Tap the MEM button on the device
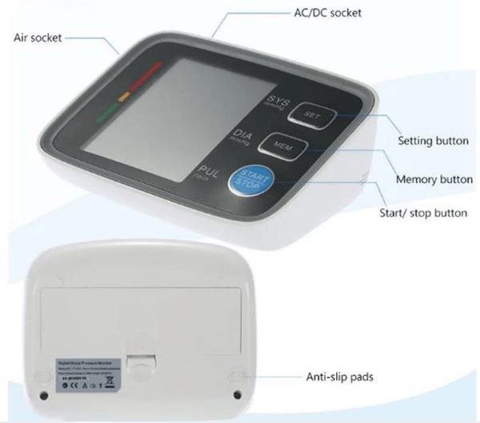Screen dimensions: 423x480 pyautogui.click(x=282, y=146)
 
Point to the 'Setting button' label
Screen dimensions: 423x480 pyautogui.click(x=433, y=141)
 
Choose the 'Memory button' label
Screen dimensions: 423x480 pyautogui.click(x=434, y=179)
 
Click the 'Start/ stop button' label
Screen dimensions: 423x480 pyautogui.click(x=422, y=213)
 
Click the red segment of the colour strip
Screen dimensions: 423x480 pyautogui.click(x=144, y=78)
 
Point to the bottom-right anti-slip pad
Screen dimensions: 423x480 pyautogui.click(x=240, y=395)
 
